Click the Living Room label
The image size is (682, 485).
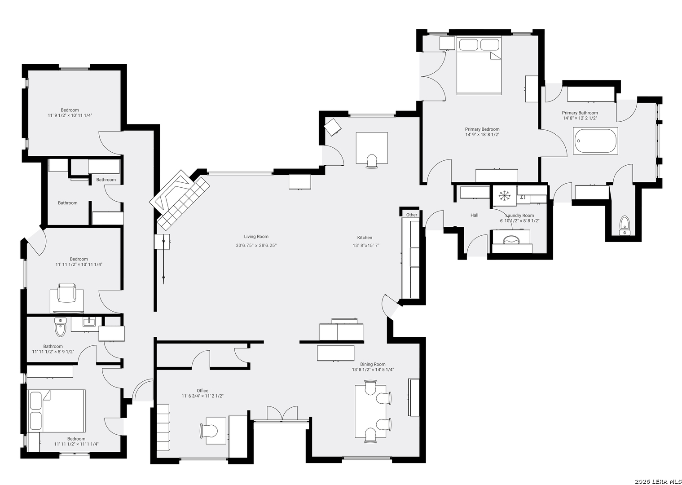[256, 237]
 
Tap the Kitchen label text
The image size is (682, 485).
[365, 238]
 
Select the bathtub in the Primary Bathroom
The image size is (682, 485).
[595, 141]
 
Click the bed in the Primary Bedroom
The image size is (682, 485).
[479, 66]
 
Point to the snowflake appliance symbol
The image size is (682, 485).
[504, 195]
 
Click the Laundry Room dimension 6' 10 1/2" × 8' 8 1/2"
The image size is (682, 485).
[519, 221]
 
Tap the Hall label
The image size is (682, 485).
[475, 215]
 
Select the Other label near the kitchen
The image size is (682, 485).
[412, 215]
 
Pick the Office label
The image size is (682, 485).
[202, 391]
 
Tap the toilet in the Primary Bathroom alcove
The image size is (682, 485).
[625, 225]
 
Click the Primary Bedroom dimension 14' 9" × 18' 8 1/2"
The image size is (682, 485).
[482, 135]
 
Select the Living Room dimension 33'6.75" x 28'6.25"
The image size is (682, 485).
[256, 245]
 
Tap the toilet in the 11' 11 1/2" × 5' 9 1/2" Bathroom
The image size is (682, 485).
[60, 327]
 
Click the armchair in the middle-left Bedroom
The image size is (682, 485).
[67, 293]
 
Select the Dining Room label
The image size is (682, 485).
[373, 364]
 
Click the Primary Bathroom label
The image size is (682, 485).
[580, 113]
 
